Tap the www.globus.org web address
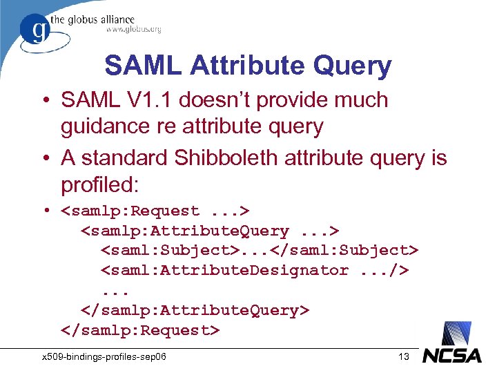[133, 30]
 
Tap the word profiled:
[100, 184]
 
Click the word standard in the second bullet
[128, 157]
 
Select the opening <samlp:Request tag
[130, 211]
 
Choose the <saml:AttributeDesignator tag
[225, 270]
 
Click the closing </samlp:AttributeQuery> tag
[195, 310]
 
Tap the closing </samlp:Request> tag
[140, 330]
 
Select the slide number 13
[404, 356]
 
